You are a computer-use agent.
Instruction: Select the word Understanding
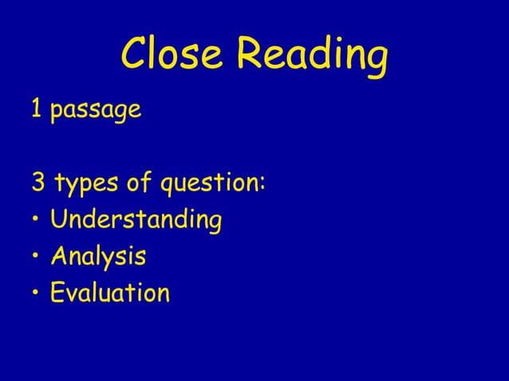[136, 221]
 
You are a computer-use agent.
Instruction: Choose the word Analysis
[98, 257]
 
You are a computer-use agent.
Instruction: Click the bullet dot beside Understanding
[36, 221]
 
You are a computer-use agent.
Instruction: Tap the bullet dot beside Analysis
[36, 257]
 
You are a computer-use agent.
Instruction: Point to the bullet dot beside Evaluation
[36, 294]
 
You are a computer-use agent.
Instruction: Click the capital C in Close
[134, 54]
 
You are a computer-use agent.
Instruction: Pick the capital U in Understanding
[58, 219]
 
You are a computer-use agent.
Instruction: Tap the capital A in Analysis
[59, 256]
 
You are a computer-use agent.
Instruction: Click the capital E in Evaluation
[57, 293]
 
